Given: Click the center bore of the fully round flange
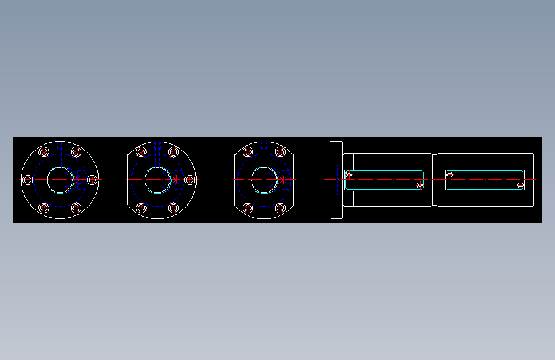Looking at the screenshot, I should tap(60, 180).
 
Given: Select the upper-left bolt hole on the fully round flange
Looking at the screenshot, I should tap(44, 152).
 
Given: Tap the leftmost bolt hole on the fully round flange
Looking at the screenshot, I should tap(28, 180).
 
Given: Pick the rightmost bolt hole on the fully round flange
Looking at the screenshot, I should tap(92, 180).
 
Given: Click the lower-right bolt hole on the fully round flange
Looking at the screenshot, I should tap(76, 208).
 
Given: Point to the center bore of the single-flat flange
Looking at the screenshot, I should tap(157, 180).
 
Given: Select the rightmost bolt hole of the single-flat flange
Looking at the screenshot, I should tap(189, 180).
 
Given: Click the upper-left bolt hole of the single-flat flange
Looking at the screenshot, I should tap(141, 152).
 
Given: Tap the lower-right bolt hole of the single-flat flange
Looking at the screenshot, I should tap(173, 208).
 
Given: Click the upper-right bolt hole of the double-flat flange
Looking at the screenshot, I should tap(280, 152).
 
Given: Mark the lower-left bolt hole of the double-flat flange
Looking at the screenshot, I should tap(248, 208).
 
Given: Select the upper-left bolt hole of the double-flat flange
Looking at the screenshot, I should tap(248, 152).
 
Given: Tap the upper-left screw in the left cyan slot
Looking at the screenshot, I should tap(349, 174).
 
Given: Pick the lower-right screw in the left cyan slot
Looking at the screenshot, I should tap(420, 186).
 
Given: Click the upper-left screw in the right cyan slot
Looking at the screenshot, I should tap(449, 174).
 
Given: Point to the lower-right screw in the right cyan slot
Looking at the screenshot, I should tap(520, 186).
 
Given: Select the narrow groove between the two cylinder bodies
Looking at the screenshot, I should tap(434, 180).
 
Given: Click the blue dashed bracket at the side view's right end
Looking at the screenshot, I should tap(528, 180).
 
